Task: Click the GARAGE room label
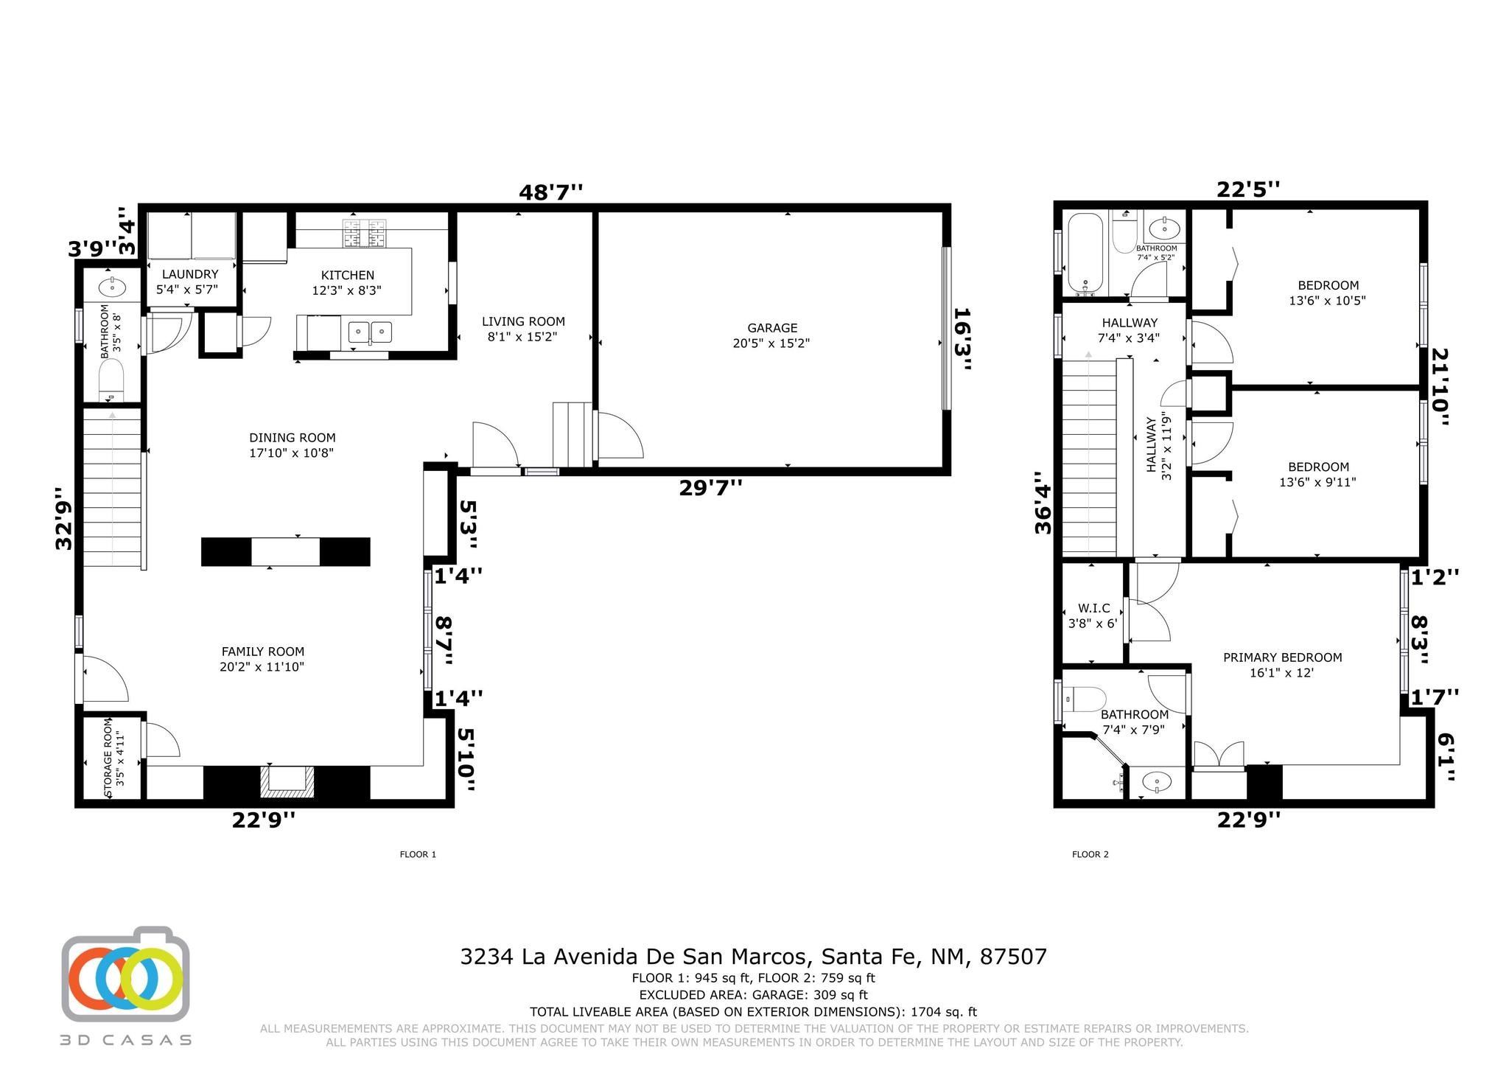click(772, 328)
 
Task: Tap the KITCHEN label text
click(348, 276)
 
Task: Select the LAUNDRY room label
click(190, 274)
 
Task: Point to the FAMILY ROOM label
click(263, 652)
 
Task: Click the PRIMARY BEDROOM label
click(1283, 657)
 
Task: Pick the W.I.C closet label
click(1093, 608)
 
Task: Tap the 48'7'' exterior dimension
click(551, 193)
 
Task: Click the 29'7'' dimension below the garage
click(710, 487)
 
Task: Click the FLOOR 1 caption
click(418, 855)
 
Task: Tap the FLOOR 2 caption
click(1090, 855)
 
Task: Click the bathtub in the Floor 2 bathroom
click(1085, 254)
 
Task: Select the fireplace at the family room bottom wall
click(287, 783)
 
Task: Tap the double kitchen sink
click(370, 333)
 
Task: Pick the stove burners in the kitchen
click(365, 233)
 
